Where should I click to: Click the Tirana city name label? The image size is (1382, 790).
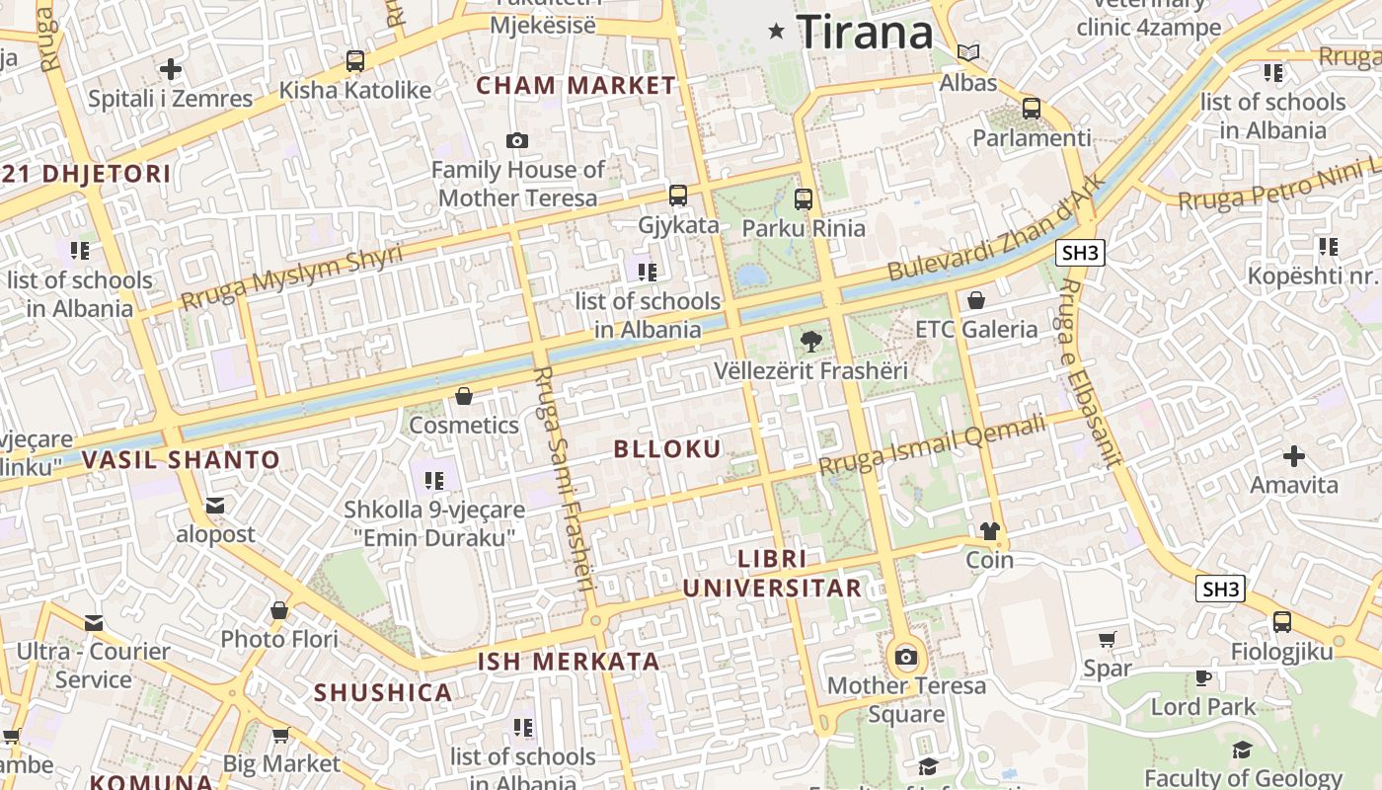pyautogui.click(x=865, y=33)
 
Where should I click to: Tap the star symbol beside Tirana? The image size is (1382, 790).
pyautogui.click(x=777, y=32)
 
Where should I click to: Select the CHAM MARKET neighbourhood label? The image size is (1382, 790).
pyautogui.click(x=576, y=86)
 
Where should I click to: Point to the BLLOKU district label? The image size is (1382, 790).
pyautogui.click(x=667, y=449)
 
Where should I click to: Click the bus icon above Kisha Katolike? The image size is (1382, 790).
pyautogui.click(x=355, y=61)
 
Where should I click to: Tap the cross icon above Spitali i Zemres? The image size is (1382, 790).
pyautogui.click(x=171, y=69)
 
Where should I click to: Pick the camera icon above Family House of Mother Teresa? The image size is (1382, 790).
pyautogui.click(x=516, y=141)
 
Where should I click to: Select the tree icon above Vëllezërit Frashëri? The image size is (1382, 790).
pyautogui.click(x=810, y=342)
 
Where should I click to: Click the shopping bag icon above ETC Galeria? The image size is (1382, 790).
pyautogui.click(x=976, y=300)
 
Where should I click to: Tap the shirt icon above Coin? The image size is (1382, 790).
pyautogui.click(x=990, y=531)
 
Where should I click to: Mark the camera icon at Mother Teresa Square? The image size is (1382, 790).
pyautogui.click(x=905, y=657)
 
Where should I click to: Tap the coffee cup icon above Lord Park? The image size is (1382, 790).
pyautogui.click(x=1202, y=677)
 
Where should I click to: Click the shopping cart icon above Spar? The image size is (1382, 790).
pyautogui.click(x=1107, y=640)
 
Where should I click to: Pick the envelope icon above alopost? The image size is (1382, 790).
pyautogui.click(x=215, y=506)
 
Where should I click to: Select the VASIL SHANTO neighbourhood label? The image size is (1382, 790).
pyautogui.click(x=181, y=460)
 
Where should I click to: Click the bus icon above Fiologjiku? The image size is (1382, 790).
pyautogui.click(x=1281, y=622)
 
